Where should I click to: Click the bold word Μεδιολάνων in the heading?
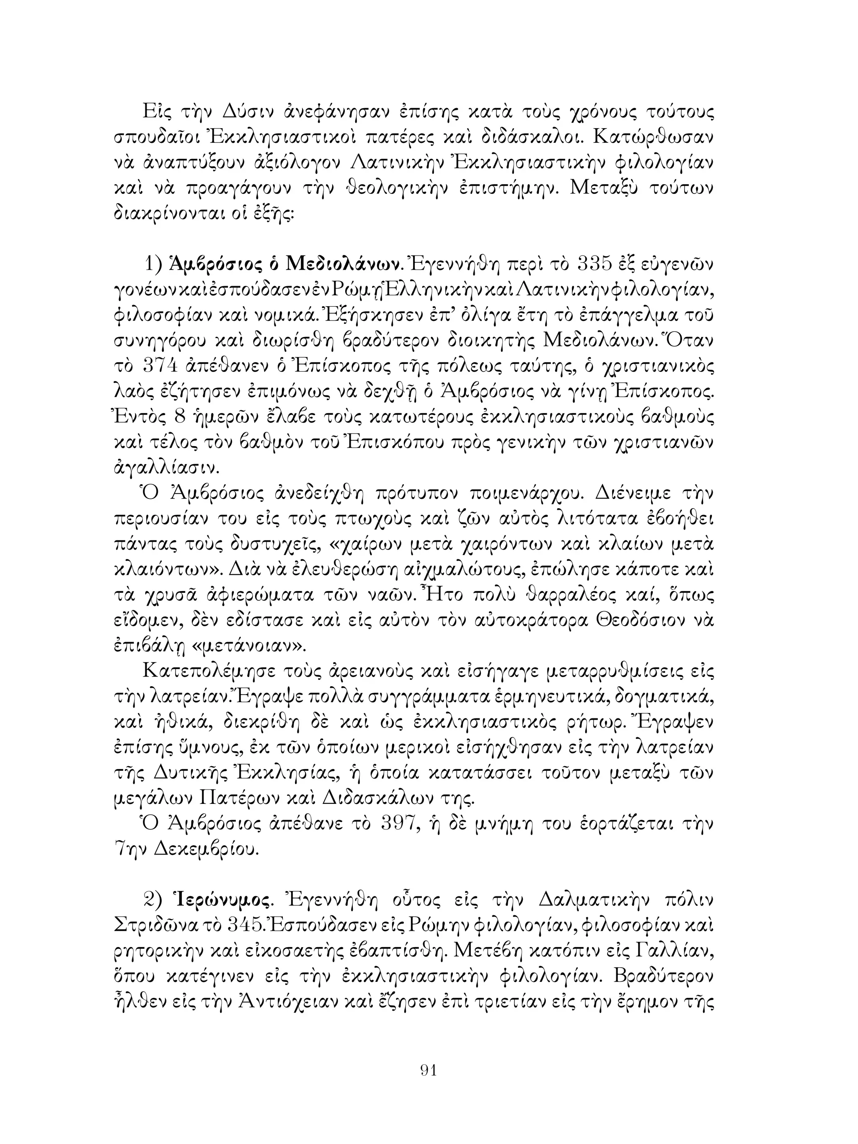click(344, 265)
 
